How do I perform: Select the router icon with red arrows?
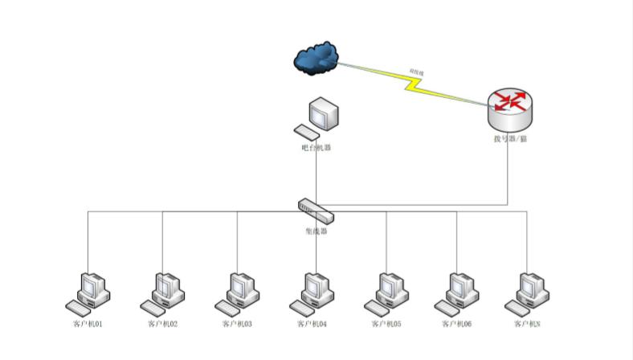510,108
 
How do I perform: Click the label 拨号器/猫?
510,139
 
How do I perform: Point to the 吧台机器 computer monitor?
323,114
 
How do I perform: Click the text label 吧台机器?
316,148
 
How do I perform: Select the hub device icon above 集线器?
316,211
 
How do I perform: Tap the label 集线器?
316,231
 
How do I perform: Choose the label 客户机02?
163,324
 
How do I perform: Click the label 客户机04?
312,324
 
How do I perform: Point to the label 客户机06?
456,324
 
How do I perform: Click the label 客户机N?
527,324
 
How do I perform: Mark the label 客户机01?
88,324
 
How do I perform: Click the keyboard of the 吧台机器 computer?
306,132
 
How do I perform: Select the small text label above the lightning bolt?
417,72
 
